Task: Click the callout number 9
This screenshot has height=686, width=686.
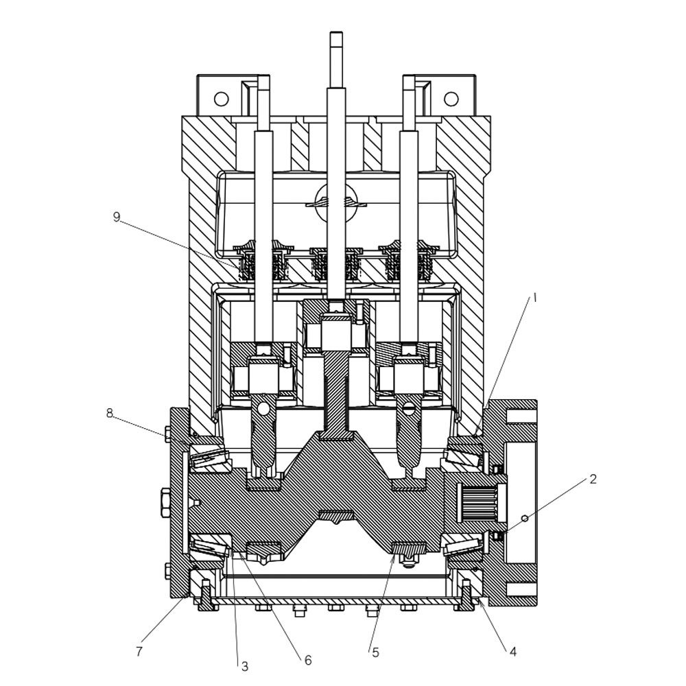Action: [x=117, y=217]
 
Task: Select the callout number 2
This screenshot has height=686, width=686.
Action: [x=593, y=479]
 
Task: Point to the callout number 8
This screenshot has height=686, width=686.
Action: [x=110, y=413]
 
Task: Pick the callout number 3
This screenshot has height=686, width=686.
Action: [x=244, y=665]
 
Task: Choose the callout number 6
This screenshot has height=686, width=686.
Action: [x=308, y=660]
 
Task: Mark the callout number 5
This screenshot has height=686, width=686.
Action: [x=375, y=652]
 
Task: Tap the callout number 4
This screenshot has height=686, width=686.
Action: [x=513, y=651]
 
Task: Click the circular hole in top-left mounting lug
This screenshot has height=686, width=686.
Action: [x=221, y=99]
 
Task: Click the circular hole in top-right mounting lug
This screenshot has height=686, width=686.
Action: [x=451, y=99]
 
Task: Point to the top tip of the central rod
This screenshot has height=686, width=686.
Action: [x=335, y=34]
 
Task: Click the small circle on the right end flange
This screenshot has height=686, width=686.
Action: [x=525, y=519]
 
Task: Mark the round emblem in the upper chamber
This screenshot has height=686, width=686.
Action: [x=335, y=202]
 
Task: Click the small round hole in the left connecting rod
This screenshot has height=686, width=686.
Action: [x=261, y=410]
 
